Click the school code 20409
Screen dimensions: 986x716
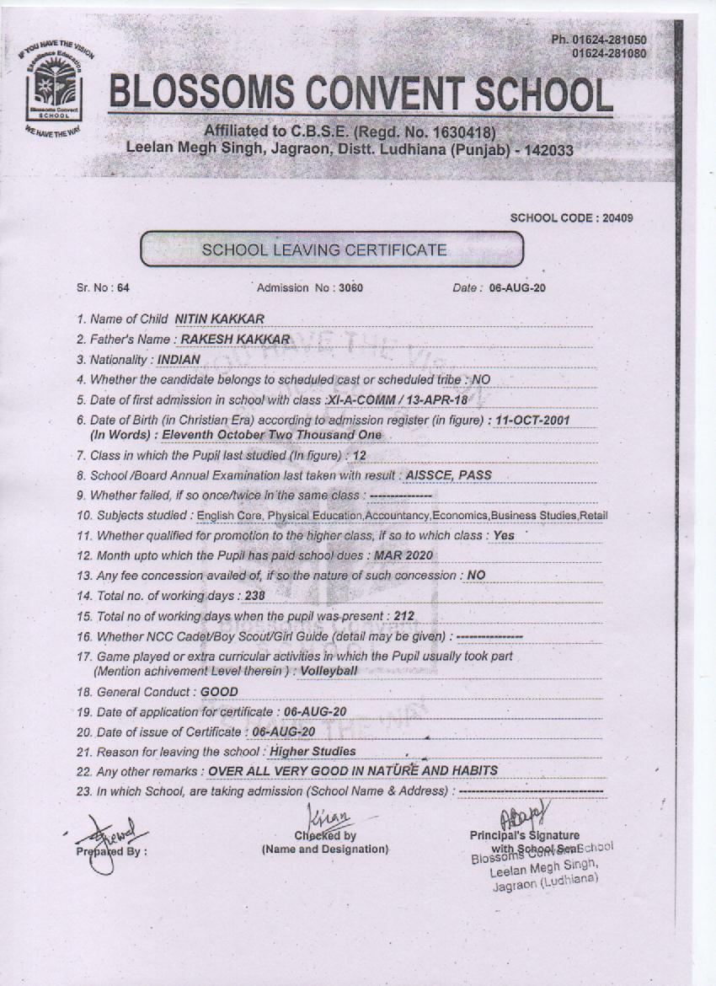pos(616,218)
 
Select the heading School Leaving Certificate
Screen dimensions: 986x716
pos(323,250)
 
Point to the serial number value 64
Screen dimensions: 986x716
pos(123,287)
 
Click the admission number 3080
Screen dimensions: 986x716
pos(350,287)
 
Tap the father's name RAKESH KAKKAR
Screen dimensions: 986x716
pos(229,340)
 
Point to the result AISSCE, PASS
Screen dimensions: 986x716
pos(448,474)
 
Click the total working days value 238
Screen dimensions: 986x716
pos(256,596)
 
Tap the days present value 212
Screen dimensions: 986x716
pos(404,616)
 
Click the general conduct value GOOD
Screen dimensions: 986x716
pos(219,692)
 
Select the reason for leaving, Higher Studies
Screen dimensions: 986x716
pos(312,751)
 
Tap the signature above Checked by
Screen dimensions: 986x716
pos(324,815)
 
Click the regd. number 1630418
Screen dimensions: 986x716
pos(457,132)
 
